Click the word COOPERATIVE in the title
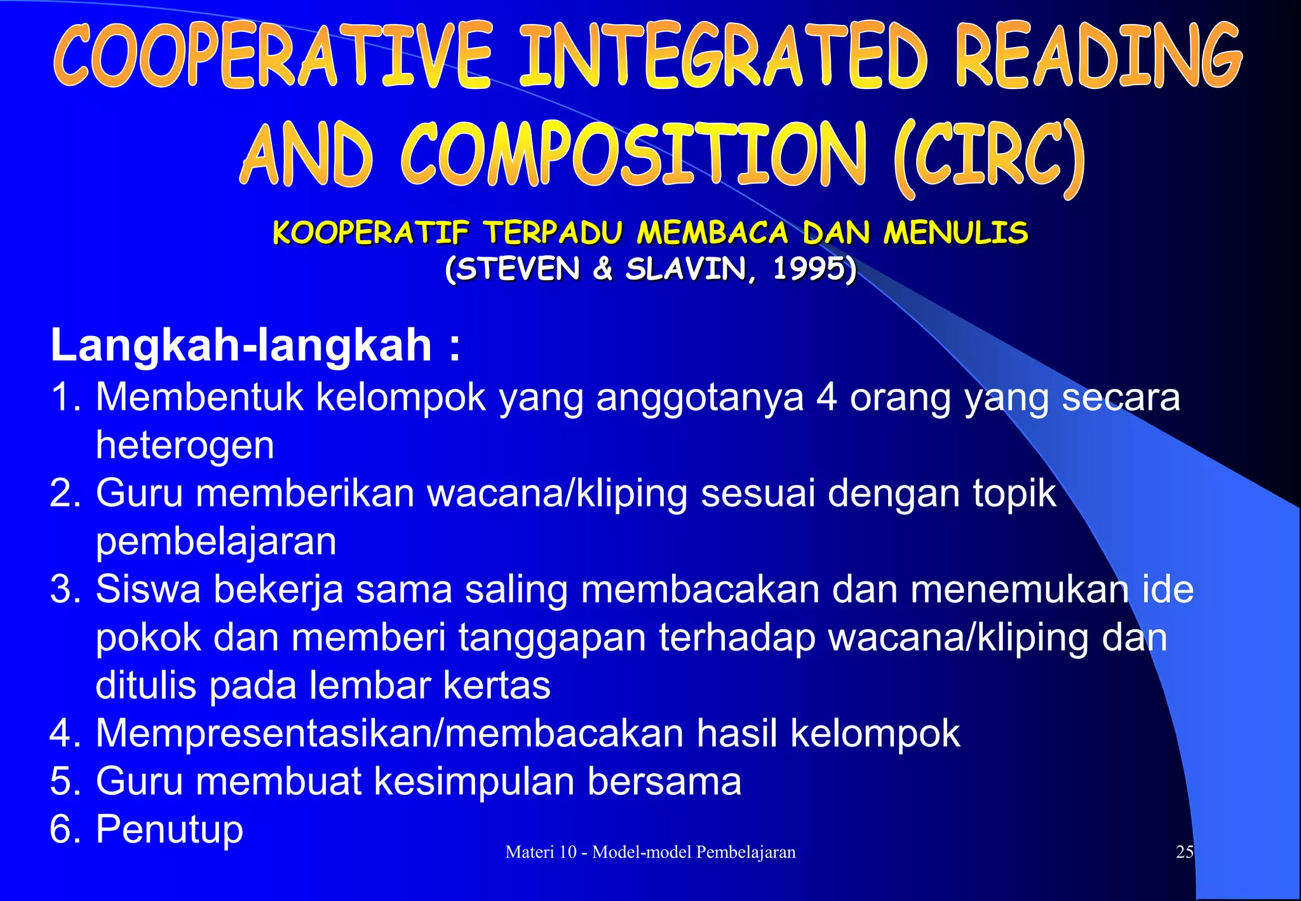pyautogui.click(x=273, y=56)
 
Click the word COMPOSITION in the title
pyautogui.click(x=633, y=156)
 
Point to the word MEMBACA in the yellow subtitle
pyautogui.click(x=712, y=233)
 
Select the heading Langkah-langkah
pyautogui.click(x=241, y=346)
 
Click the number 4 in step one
pyautogui.click(x=826, y=397)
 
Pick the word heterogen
pyautogui.click(x=185, y=445)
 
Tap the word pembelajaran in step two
pyautogui.click(x=216, y=541)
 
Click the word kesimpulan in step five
pyautogui.click(x=474, y=782)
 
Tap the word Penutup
pyautogui.click(x=169, y=829)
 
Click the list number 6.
pyautogui.click(x=62, y=829)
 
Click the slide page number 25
pyautogui.click(x=1185, y=852)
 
